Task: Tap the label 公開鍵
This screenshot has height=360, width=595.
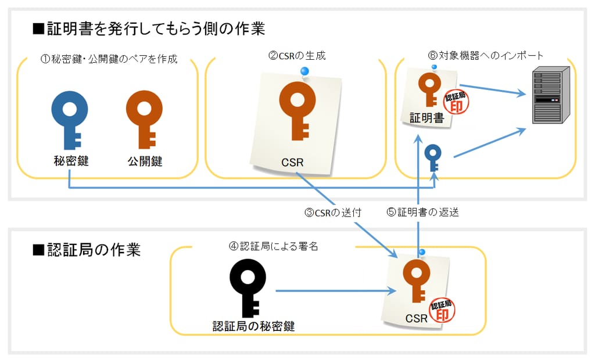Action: pos(145,161)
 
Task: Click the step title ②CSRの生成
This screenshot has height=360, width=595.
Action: pos(296,56)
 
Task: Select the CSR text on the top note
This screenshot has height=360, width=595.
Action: pos(292,162)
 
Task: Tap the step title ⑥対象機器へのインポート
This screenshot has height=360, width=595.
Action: pos(485,56)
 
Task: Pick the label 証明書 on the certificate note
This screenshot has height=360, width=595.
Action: pos(426,119)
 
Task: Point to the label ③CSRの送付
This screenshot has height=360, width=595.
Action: pos(333,213)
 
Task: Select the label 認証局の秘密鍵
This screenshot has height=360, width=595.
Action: pos(253,326)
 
